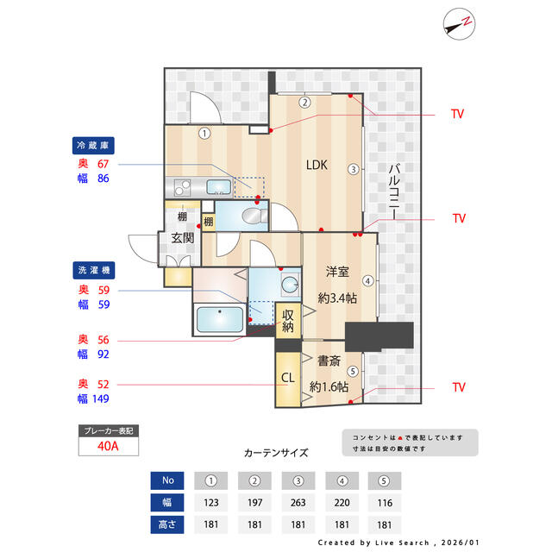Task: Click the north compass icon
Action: click(460, 24)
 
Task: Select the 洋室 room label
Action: click(336, 272)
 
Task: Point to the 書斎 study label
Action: click(329, 361)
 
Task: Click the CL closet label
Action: click(287, 378)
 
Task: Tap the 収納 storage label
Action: click(287, 320)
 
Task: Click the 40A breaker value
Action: click(107, 447)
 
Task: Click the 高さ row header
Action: click(167, 524)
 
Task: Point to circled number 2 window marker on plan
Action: click(304, 102)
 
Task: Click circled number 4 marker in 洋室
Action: click(367, 280)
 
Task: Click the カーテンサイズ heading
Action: click(275, 452)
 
